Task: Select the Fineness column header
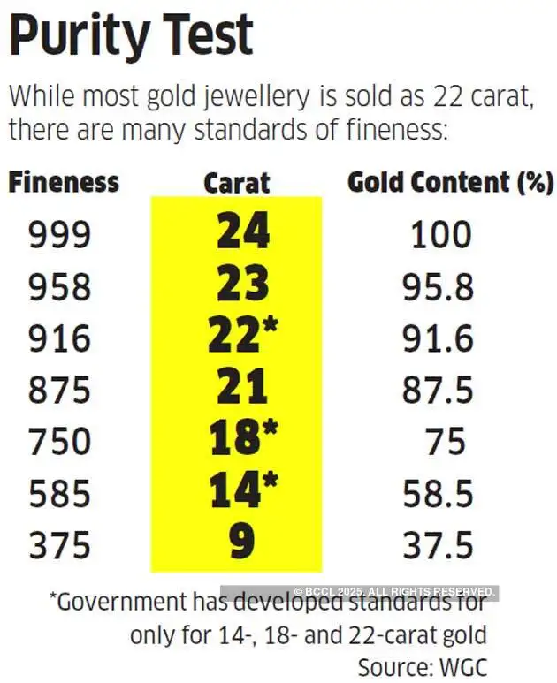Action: coord(64,183)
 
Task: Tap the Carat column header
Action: coord(236,183)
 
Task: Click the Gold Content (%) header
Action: coord(450,183)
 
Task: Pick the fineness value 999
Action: coord(59,235)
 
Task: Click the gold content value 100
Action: coord(441,235)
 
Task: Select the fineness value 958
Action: coord(59,286)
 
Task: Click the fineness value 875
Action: coord(59,390)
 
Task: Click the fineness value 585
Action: coord(59,492)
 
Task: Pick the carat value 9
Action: coord(237,543)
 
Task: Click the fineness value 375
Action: coord(59,544)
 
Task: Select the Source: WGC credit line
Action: coord(422,664)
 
